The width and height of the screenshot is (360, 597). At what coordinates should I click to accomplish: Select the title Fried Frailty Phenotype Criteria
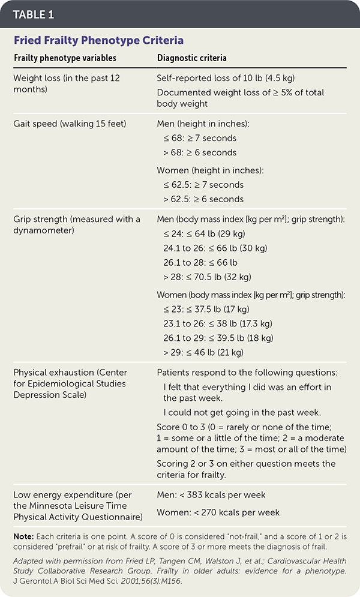coord(98,40)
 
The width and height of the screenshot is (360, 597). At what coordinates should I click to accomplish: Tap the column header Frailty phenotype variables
coord(65,58)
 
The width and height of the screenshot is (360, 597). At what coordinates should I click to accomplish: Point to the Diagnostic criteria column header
coord(191,58)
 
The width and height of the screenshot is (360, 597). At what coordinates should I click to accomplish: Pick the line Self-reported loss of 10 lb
coord(225,78)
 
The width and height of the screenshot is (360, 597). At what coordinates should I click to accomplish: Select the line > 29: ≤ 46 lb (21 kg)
coord(203,352)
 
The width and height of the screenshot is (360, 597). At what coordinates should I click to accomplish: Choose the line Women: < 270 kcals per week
coord(218,512)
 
